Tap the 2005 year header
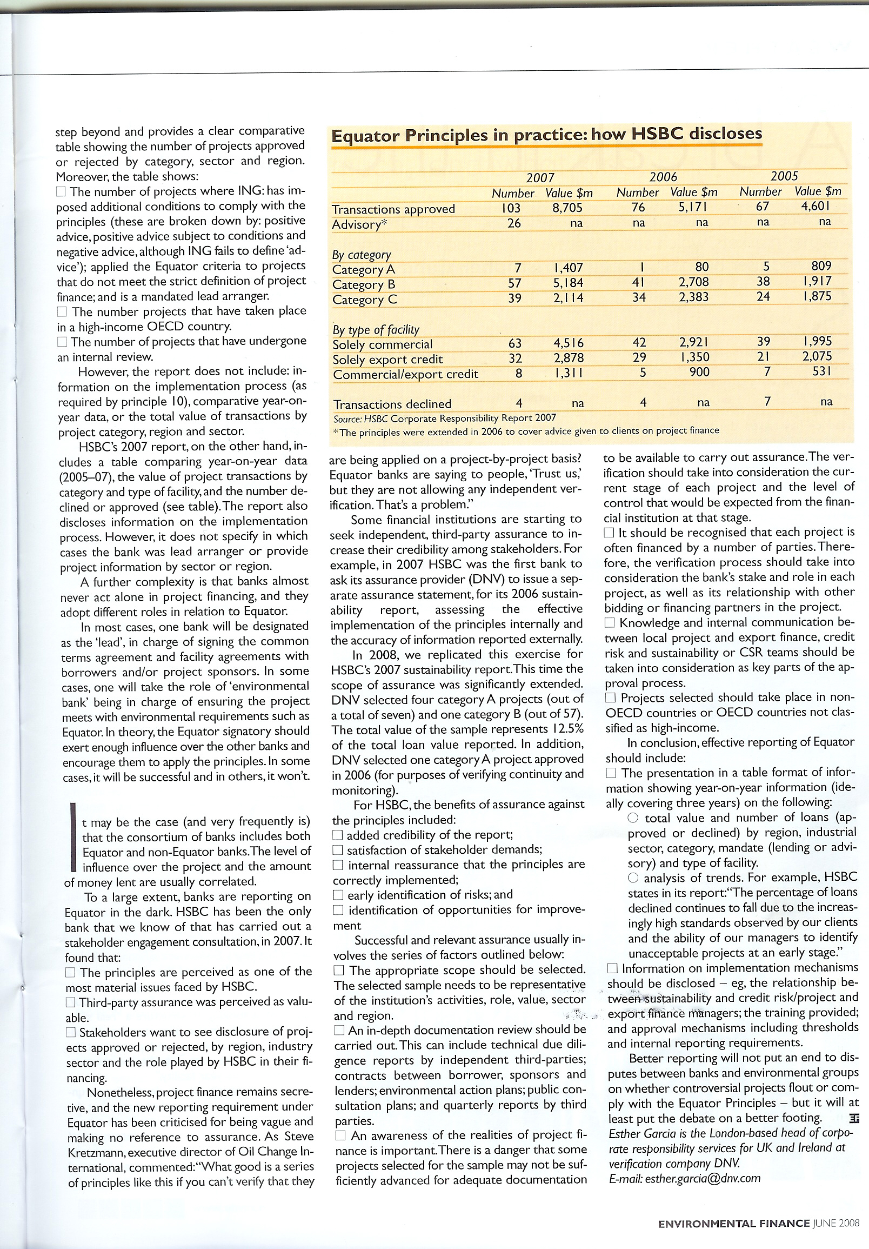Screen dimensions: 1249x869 click(784, 176)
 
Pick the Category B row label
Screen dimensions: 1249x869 click(364, 284)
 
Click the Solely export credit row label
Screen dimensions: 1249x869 click(387, 359)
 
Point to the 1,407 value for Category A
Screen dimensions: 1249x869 click(569, 268)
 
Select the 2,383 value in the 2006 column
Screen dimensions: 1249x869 click(694, 297)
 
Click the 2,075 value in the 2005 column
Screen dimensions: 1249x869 click(817, 356)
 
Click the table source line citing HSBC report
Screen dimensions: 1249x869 click(444, 418)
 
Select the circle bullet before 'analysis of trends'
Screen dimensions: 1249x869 click(633, 878)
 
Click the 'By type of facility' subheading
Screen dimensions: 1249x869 click(376, 330)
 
